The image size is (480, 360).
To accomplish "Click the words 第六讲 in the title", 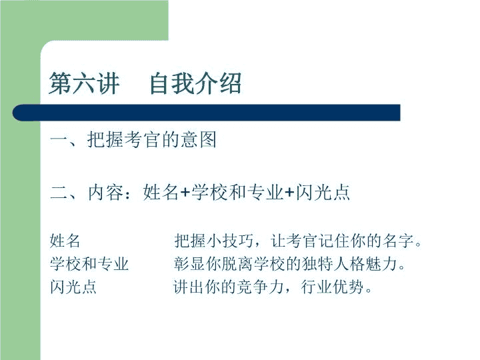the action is click(x=84, y=83).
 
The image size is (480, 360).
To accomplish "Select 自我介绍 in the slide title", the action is click(x=195, y=83).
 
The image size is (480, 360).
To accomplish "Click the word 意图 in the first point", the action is click(x=198, y=140).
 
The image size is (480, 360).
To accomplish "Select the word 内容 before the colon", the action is click(x=105, y=193).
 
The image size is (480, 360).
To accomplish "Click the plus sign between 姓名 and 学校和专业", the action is click(x=185, y=193).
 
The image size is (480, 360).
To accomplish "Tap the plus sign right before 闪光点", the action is click(x=289, y=193).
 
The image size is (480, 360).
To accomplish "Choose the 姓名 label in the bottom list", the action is click(x=65, y=241).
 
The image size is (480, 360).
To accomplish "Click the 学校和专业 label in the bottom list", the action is click(x=89, y=264).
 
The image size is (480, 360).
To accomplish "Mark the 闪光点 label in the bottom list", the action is click(x=73, y=287).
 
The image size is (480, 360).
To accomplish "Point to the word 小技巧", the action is click(x=230, y=241).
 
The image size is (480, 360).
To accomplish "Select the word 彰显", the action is click(x=189, y=264).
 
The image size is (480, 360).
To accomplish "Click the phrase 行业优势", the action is click(x=332, y=287).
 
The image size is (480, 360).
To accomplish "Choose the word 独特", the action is click(x=317, y=264).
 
